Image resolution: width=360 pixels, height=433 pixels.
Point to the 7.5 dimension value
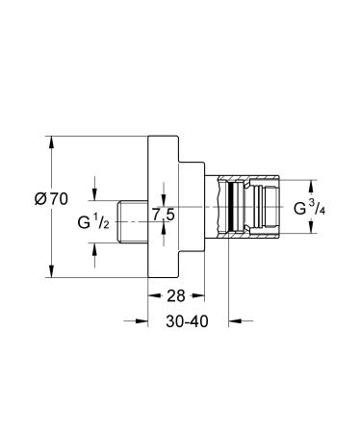(x=162, y=215)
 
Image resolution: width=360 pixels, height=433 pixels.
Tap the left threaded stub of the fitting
(x=133, y=220)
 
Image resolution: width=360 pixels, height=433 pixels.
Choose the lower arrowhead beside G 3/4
(x=311, y=229)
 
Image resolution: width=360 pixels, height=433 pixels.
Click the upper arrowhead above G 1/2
(x=94, y=193)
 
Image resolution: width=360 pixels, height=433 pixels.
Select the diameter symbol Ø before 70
(x=39, y=198)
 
